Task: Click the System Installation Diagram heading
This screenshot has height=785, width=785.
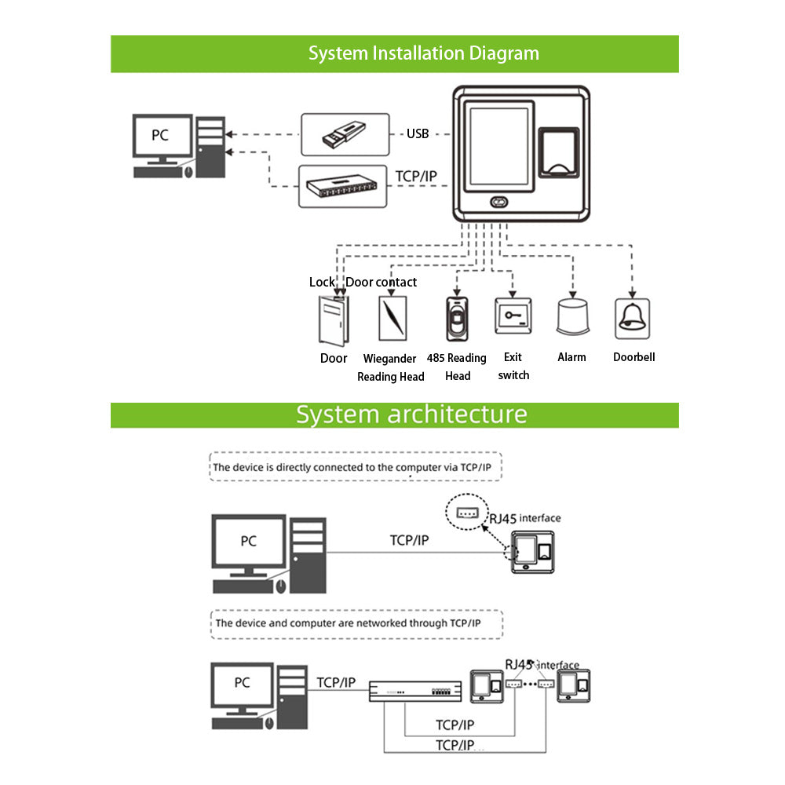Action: (423, 53)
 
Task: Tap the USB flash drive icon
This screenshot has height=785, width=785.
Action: (345, 135)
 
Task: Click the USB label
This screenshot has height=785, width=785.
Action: (418, 134)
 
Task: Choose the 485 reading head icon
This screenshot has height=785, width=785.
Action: (457, 319)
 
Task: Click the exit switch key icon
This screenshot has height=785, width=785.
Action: (513, 318)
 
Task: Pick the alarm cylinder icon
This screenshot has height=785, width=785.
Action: (571, 319)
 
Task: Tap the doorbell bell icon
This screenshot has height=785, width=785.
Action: (633, 318)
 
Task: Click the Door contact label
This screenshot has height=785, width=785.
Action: (382, 282)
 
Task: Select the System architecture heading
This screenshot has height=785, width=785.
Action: (411, 414)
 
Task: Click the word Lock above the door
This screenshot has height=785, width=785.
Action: (322, 282)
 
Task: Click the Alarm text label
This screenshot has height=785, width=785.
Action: (571, 357)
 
